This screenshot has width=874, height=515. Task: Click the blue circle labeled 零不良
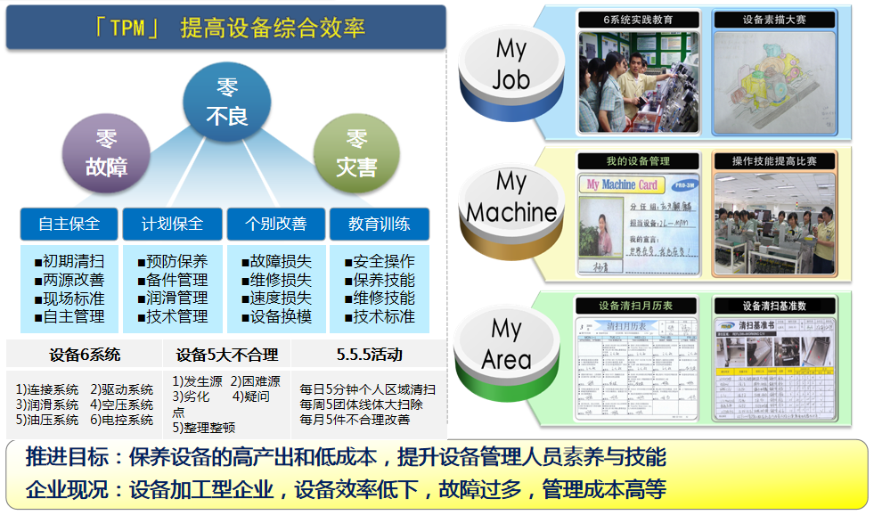tap(226, 103)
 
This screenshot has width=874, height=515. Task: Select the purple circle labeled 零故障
tap(106, 152)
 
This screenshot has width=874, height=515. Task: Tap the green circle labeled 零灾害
tap(356, 152)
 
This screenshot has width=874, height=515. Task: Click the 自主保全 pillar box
tap(69, 224)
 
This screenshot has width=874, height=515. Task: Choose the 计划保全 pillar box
tap(172, 224)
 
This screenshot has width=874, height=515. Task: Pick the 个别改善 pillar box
tap(275, 224)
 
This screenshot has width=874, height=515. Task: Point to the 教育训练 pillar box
tap(379, 224)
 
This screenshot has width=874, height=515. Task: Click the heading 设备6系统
tap(86, 355)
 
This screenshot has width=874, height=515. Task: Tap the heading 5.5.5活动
tap(369, 355)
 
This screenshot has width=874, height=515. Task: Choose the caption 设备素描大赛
tap(774, 20)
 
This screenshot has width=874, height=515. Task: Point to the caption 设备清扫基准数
tap(774, 306)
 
